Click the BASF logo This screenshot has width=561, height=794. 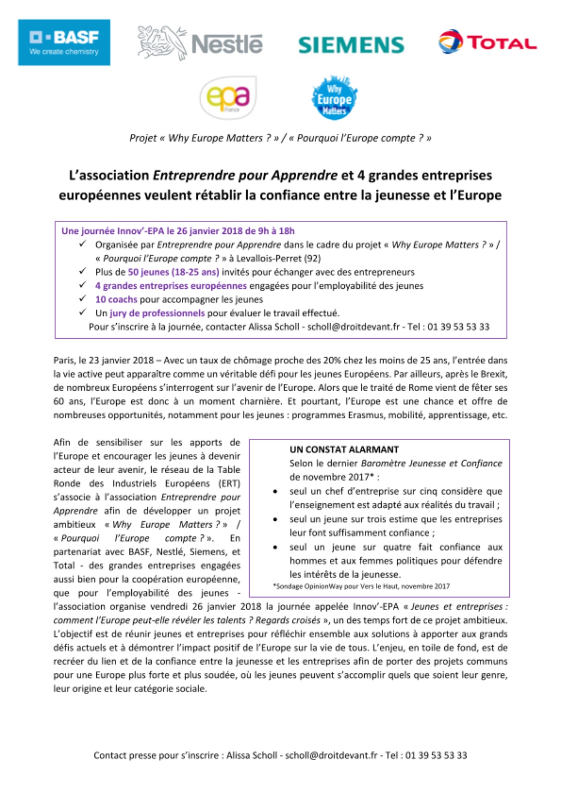click(x=64, y=42)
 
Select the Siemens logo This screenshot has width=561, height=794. click(x=351, y=45)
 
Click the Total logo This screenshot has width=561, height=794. click(x=488, y=42)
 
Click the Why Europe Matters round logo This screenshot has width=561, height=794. click(x=334, y=98)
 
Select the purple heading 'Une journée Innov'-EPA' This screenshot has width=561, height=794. click(x=178, y=231)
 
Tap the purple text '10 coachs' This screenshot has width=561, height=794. click(x=116, y=299)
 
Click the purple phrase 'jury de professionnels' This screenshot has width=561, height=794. click(x=157, y=313)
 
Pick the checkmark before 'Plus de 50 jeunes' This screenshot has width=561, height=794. click(x=83, y=272)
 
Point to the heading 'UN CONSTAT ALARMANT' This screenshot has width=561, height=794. click(x=344, y=450)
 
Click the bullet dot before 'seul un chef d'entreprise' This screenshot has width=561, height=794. click(x=275, y=492)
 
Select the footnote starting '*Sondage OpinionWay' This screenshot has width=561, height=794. click(x=361, y=586)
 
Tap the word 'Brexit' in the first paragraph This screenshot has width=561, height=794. click(x=494, y=374)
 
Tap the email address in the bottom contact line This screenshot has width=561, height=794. click(x=331, y=755)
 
